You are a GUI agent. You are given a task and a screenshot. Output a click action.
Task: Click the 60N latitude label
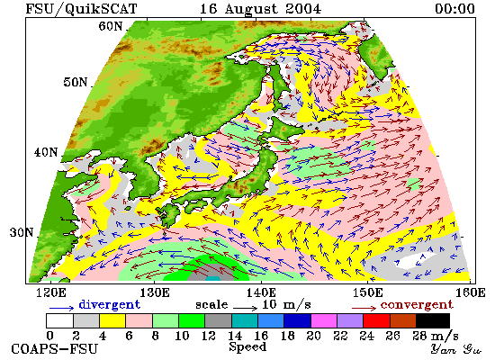click(x=110, y=26)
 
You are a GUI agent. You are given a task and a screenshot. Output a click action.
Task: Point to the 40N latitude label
click(x=46, y=152)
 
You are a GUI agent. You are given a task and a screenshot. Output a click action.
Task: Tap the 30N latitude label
click(x=22, y=232)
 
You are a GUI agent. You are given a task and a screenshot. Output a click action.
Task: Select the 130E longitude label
click(x=155, y=292)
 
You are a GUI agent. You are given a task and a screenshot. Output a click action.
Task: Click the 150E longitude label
click(x=368, y=292)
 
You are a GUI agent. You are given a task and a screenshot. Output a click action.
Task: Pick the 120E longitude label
click(x=51, y=292)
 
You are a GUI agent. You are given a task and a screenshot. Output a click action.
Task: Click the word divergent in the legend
click(x=109, y=304)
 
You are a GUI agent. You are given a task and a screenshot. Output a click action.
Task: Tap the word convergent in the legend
click(x=417, y=305)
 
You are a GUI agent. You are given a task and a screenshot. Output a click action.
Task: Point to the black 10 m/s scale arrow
click(x=246, y=308)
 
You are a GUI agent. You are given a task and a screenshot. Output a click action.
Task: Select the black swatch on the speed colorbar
click(x=433, y=320)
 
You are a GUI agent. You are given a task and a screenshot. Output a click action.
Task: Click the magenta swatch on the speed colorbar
click(x=324, y=320)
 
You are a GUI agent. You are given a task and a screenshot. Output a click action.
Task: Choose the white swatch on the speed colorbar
click(x=60, y=320)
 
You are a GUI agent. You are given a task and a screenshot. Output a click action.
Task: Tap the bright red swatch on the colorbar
click(x=376, y=320)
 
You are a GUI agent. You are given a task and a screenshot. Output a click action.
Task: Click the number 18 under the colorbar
click(x=287, y=336)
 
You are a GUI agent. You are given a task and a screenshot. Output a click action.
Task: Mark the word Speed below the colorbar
click(x=247, y=347)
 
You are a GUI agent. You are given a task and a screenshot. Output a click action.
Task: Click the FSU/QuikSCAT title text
click(x=81, y=9)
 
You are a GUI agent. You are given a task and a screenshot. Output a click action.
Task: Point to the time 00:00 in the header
click(x=454, y=8)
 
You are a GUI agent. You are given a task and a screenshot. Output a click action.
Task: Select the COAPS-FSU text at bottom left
click(x=55, y=349)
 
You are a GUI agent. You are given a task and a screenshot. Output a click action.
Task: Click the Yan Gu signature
click(x=455, y=349)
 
